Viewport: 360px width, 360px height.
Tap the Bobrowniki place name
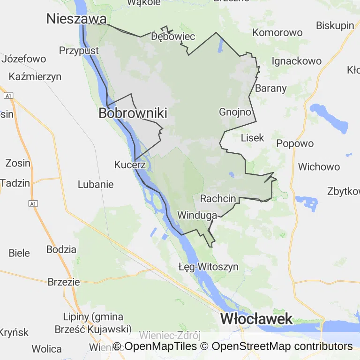pyautogui.click(x=133, y=113)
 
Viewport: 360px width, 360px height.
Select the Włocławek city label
pyautogui.click(x=256, y=319)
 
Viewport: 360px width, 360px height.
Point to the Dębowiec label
pyautogui.click(x=173, y=37)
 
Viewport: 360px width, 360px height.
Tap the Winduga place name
pyautogui.click(x=197, y=215)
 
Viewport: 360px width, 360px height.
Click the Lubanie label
pyautogui.click(x=96, y=184)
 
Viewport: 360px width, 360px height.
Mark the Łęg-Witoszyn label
pyautogui.click(x=209, y=267)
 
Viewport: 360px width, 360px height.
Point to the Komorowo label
pyautogui.click(x=277, y=33)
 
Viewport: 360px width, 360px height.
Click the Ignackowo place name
pyautogui.click(x=297, y=61)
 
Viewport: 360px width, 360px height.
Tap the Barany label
pyautogui.click(x=271, y=88)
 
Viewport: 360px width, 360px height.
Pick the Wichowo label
pyautogui.click(x=319, y=167)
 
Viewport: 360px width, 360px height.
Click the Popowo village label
pyautogui.click(x=295, y=143)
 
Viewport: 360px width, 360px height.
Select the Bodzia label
pyautogui.click(x=61, y=249)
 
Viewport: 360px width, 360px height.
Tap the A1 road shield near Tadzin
pyautogui.click(x=32, y=203)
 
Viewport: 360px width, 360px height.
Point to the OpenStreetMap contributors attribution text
pyautogui.click(x=282, y=346)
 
